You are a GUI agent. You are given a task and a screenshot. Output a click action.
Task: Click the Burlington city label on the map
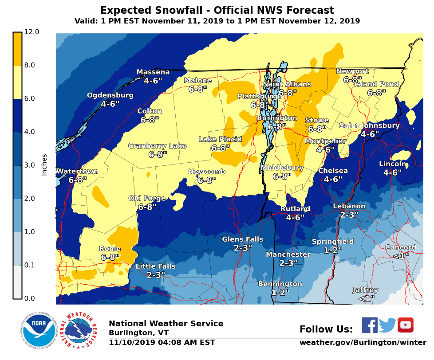point(277,118)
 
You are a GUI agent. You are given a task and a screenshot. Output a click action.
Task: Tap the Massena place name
point(153,72)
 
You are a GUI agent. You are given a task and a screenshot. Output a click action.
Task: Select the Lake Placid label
point(220,139)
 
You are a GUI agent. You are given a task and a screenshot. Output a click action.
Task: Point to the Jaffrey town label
point(365,290)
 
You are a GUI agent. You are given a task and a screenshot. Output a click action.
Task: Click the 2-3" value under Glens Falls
point(243,248)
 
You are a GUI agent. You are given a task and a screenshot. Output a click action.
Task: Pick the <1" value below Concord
point(401,256)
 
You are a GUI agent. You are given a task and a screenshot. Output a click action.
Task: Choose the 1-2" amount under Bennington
point(280,293)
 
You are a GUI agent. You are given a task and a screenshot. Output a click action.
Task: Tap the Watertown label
point(77,171)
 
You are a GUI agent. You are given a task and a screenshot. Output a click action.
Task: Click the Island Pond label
point(376,84)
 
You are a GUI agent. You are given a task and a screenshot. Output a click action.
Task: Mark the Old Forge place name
point(147,198)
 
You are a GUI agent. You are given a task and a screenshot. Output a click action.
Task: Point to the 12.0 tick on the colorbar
point(32,32)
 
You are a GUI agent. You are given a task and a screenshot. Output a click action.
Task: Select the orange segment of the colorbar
point(17,49)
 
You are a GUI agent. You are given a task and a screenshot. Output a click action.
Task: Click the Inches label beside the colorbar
point(44,164)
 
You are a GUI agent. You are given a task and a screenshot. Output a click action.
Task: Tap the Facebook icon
point(370,325)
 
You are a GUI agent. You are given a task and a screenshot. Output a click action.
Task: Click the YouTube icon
point(405,325)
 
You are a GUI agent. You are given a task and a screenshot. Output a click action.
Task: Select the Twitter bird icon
point(387,325)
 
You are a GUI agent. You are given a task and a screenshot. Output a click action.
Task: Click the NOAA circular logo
point(40,331)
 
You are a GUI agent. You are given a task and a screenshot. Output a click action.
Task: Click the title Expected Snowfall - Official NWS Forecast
point(217,10)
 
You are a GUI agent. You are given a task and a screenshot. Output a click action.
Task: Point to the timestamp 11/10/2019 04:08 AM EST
point(162,343)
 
